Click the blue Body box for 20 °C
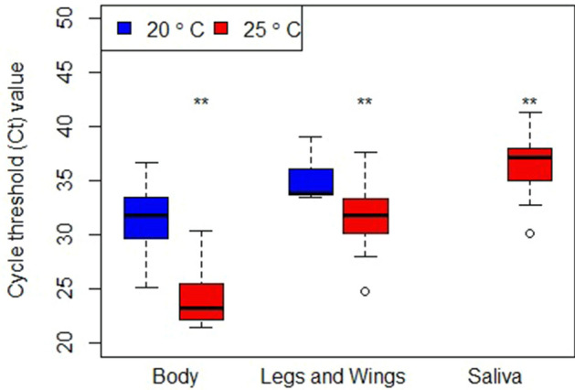pos(145,218)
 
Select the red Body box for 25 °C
pos(201,301)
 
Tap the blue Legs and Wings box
pos(311,181)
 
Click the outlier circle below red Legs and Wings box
pos(366,291)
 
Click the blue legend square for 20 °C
pos(126,28)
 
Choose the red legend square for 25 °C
pos(220,28)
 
